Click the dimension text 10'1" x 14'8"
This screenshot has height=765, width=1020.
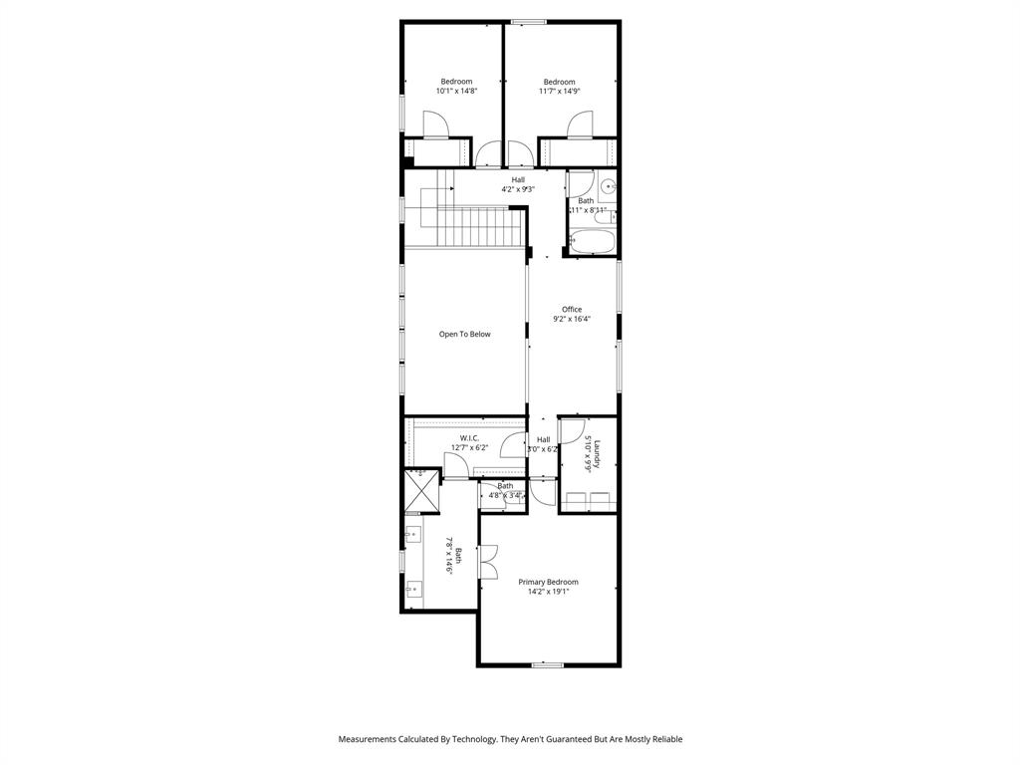click(456, 91)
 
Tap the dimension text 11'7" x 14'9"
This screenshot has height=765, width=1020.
click(559, 91)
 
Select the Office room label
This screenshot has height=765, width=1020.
click(572, 309)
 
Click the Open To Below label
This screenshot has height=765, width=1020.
click(465, 335)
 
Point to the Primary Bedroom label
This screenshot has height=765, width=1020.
click(548, 582)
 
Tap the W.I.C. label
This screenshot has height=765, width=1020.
click(469, 438)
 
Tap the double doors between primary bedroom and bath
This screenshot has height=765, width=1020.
click(488, 560)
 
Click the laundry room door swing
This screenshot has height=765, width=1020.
click(571, 430)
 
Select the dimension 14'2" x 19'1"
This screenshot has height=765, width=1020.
click(548, 592)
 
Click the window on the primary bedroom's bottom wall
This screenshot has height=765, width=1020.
click(547, 664)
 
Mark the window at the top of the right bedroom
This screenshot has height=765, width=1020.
click(528, 22)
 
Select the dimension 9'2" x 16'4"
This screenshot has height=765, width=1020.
click(572, 320)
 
